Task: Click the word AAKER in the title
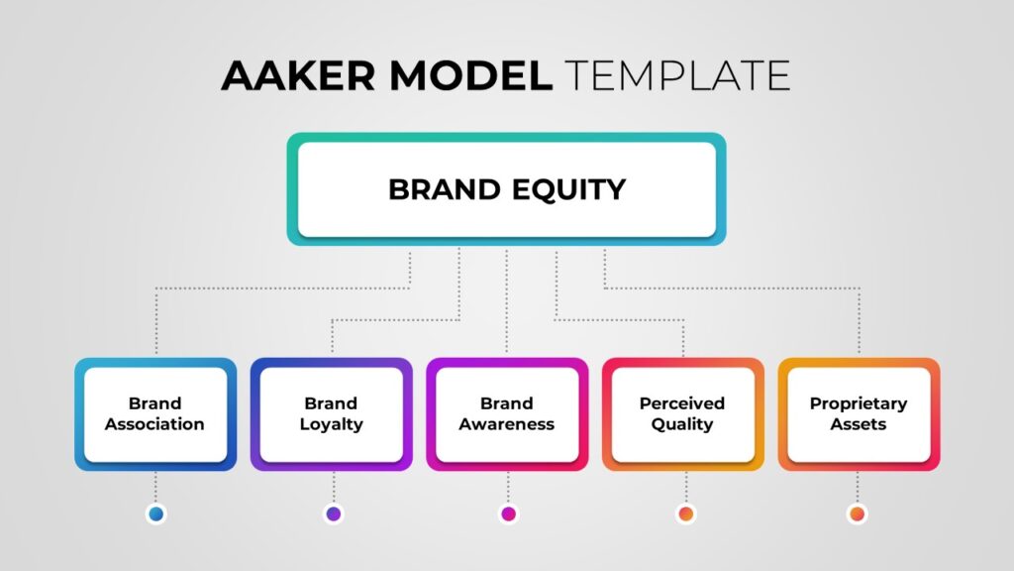298,75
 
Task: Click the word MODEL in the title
470,75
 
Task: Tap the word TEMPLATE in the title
677,75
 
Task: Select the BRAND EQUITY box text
507,189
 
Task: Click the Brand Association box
155,414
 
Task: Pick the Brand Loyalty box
331,414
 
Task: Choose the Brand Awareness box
507,414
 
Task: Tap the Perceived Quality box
683,414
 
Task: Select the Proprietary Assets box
859,414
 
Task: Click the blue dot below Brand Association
155,514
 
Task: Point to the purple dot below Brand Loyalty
334,514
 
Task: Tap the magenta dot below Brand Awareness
508,514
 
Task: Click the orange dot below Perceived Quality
686,514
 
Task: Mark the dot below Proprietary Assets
858,514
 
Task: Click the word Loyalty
331,424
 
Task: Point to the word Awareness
507,424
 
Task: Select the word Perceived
682,403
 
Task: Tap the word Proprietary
859,404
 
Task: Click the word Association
154,424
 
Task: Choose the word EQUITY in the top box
569,190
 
